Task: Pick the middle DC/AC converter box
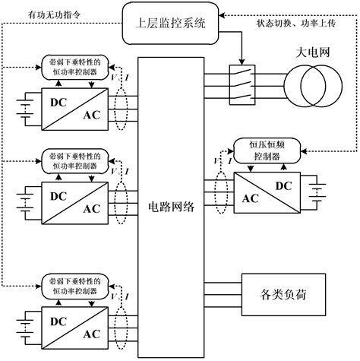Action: pyautogui.click(x=69, y=197)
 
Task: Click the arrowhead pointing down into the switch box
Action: pyautogui.click(x=242, y=64)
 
